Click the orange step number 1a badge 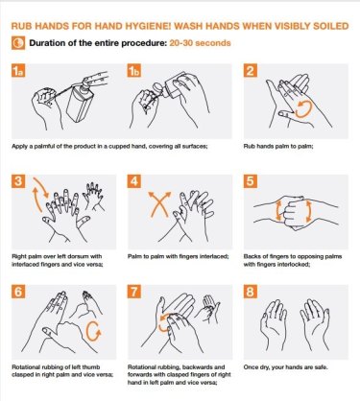pos(18,71)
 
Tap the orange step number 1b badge pos(134,71)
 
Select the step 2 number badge pos(251,71)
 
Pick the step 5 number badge pos(251,181)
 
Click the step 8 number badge pos(251,292)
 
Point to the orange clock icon pos(18,43)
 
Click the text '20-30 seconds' pos(200,43)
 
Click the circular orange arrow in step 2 pos(302,109)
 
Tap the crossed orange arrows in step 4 pos(159,204)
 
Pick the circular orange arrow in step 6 pos(94,331)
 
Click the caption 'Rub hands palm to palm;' pos(278,147)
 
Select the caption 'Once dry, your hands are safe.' pos(286,367)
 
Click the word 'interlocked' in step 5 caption pos(294,265)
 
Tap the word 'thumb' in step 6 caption pos(91,367)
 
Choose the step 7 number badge pos(134,292)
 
